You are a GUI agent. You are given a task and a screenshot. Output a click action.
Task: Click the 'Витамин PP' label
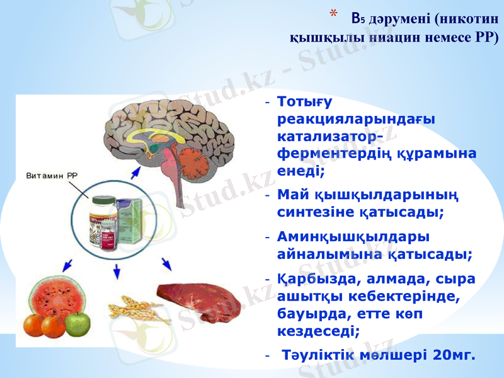point(52,175)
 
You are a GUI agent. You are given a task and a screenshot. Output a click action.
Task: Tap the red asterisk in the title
point(334,14)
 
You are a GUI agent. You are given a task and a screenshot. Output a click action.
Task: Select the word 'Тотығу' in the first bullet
point(305,101)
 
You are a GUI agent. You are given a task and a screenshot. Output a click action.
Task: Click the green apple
point(77,324)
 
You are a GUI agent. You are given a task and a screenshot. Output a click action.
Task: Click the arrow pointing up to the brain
point(135,174)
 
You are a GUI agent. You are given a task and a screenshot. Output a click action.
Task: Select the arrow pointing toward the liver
point(166,263)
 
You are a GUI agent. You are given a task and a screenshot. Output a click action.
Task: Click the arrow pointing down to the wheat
point(116,272)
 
